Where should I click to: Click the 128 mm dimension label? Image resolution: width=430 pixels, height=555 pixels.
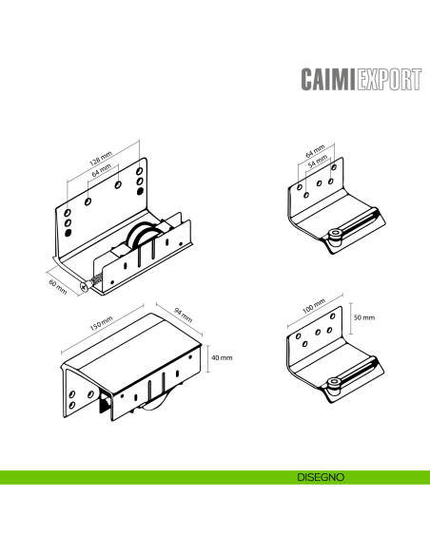pos(101,159)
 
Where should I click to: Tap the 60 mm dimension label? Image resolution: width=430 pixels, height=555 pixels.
pos(58,287)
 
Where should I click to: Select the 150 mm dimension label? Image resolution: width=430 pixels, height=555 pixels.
pos(101,323)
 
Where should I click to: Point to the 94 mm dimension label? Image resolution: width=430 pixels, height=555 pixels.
pos(184,315)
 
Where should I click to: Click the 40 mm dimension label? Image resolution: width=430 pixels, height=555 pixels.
pos(222,358)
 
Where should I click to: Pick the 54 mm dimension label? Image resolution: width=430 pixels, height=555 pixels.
pos(318,162)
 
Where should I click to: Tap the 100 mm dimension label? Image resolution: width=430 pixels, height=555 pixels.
pos(314,307)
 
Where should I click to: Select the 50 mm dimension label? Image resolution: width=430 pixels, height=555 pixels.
pos(364,317)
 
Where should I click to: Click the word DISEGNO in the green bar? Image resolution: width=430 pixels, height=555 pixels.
pos(321,477)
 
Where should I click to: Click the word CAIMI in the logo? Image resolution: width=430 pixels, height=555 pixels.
pos(328,79)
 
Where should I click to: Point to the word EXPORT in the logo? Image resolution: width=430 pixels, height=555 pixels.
pos(389,79)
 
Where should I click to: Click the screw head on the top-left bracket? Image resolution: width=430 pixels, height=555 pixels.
pos(84,287)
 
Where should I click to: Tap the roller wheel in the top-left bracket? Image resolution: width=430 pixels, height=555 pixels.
pos(142,237)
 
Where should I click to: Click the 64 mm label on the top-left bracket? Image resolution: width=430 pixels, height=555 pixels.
pos(102,170)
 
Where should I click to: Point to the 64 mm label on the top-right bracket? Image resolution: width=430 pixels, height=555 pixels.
pos(315,151)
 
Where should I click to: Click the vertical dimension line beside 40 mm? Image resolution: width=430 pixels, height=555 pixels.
pos(208,358)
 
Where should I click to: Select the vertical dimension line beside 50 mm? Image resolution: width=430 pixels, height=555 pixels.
pos(351,317)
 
